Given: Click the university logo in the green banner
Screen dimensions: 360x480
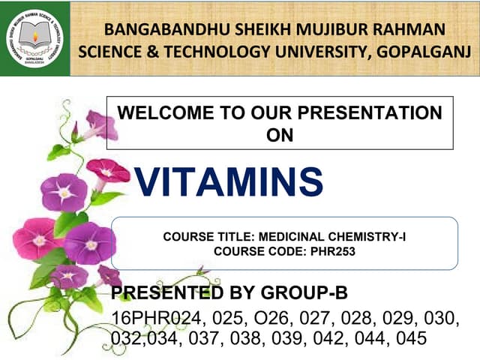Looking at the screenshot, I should pyautogui.click(x=34, y=38).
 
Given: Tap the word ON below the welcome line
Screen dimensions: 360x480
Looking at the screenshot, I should pyautogui.click(x=280, y=135).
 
